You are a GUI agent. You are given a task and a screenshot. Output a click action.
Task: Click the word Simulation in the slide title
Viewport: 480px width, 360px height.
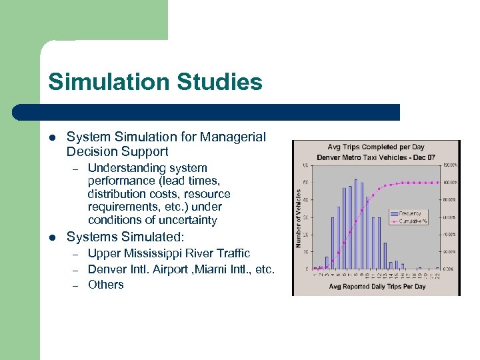tap(107, 83)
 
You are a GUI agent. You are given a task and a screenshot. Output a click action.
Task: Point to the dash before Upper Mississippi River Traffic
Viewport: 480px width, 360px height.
tap(76, 254)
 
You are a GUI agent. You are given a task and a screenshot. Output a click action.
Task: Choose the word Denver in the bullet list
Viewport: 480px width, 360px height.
tap(107, 269)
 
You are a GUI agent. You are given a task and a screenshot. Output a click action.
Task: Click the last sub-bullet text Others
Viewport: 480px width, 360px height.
tap(106, 285)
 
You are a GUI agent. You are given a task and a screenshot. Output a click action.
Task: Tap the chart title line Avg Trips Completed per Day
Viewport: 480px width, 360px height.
tap(376, 147)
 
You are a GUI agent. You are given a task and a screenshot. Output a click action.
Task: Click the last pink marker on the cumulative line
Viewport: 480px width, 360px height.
tap(436, 182)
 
